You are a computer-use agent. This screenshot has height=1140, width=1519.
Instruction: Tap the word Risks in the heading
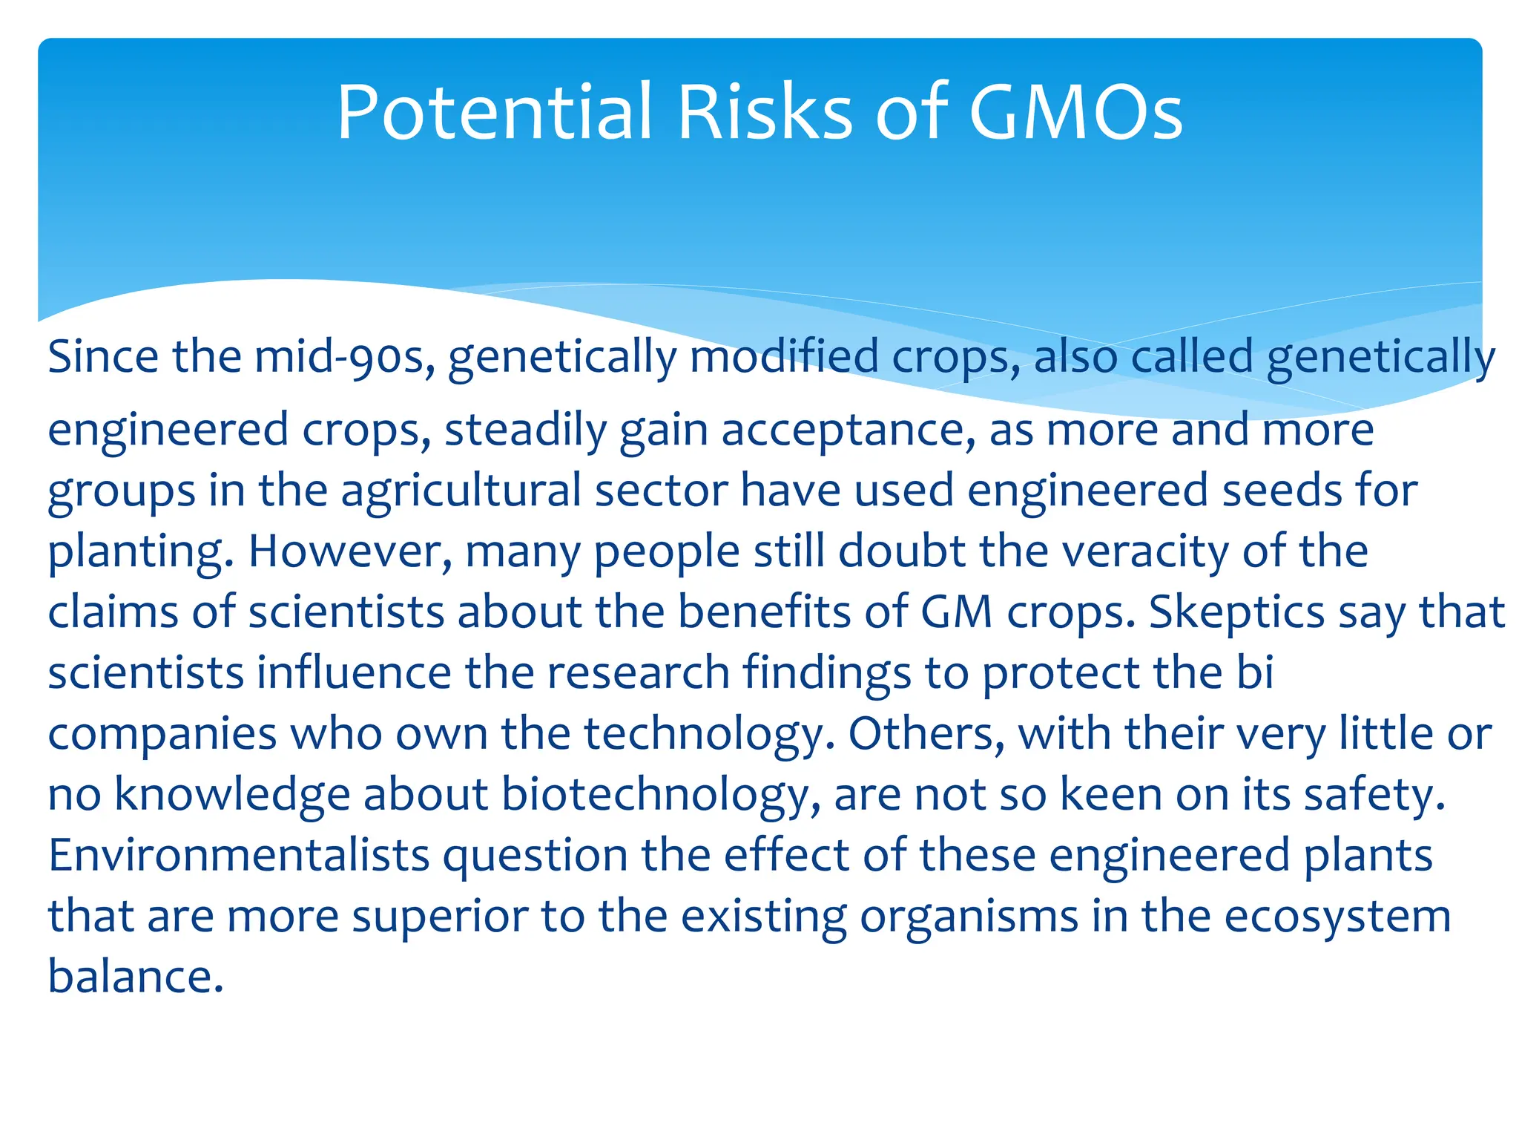coord(765,113)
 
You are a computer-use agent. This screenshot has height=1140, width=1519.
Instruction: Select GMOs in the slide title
coord(1075,113)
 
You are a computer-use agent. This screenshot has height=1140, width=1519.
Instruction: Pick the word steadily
coord(525,430)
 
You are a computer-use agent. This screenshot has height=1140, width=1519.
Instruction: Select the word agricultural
coord(461,491)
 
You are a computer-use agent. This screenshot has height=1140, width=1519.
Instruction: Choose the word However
coord(349,552)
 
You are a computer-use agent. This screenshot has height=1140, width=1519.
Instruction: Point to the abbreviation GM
coord(957,613)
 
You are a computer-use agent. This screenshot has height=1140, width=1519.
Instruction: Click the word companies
coord(162,735)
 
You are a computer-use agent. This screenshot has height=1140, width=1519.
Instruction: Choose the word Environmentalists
coord(239,856)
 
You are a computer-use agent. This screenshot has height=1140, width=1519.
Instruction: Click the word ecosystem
coord(1337,917)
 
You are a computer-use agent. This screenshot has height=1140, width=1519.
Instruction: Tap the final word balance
coord(135,977)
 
